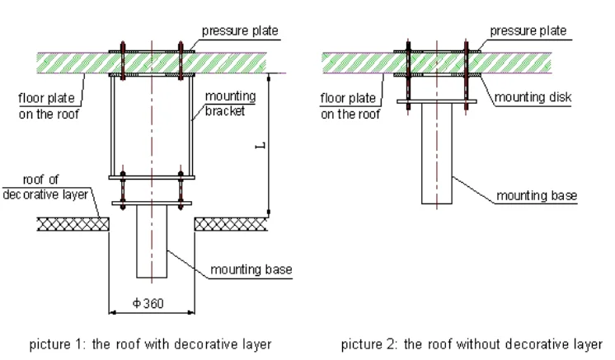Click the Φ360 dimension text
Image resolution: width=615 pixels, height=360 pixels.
click(148, 303)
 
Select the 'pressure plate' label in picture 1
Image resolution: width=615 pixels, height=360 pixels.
click(241, 32)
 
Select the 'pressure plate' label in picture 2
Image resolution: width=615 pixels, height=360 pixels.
click(528, 32)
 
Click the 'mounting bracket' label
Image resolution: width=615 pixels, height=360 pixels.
click(230, 104)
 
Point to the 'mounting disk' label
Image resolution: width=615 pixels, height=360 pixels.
click(533, 97)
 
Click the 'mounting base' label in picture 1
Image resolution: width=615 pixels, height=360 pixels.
click(251, 269)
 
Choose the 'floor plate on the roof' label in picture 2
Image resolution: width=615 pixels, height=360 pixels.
click(350, 107)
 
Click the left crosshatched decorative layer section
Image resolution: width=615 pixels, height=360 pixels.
click(73, 223)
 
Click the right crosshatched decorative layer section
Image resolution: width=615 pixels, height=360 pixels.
click(231, 223)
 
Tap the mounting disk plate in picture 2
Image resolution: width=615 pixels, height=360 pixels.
click(437, 103)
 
